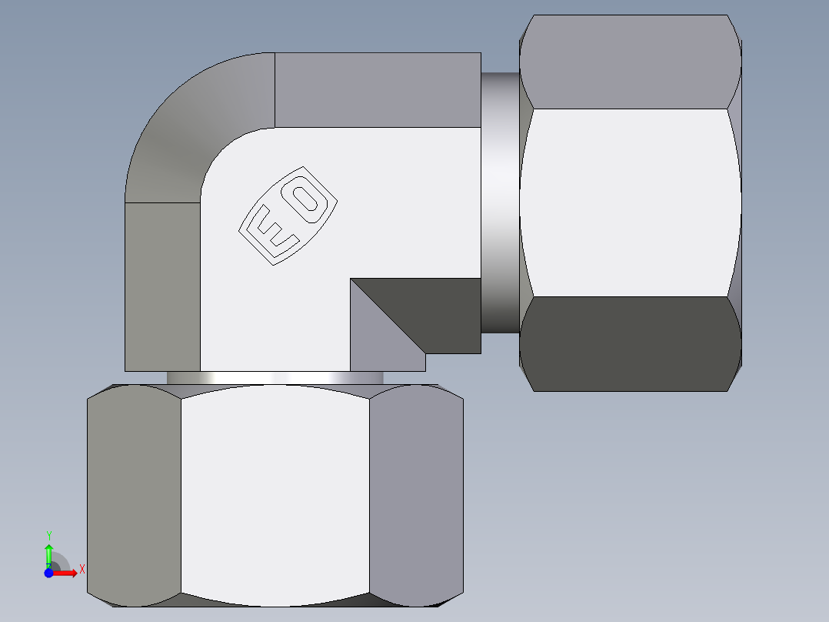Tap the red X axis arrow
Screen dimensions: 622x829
tap(65, 572)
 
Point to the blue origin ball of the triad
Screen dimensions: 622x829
tap(48, 572)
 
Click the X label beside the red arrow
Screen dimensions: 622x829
tap(82, 569)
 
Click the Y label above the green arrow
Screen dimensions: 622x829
tap(48, 535)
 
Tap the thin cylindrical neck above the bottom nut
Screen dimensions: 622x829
tap(275, 378)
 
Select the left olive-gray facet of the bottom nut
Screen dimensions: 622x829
tap(134, 497)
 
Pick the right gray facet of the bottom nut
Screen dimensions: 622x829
tap(416, 497)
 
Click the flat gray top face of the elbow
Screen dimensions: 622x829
tap(377, 89)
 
